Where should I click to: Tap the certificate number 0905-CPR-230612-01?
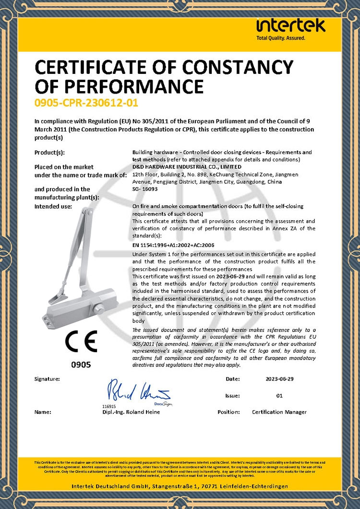tap(83, 103)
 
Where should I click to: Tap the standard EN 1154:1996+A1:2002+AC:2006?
tap(173, 245)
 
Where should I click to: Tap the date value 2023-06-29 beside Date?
tap(279, 379)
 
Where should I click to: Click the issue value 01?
tap(279, 396)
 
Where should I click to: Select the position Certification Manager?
tap(279, 412)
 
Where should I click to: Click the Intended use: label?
tap(53, 206)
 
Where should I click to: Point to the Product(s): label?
tap(49, 153)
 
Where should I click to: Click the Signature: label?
tap(47, 379)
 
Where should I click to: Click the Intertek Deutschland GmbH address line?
tap(180, 486)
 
